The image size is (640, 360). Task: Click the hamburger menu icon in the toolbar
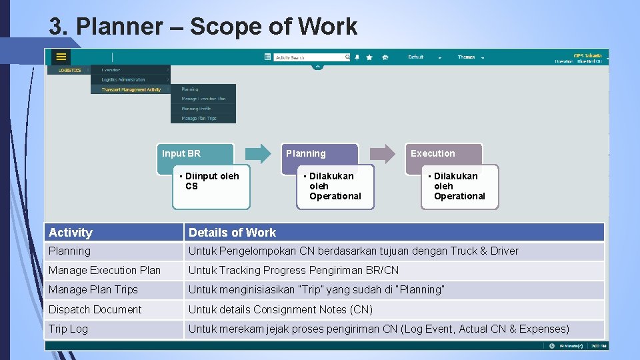(x=61, y=57)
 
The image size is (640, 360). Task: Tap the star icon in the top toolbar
(x=369, y=57)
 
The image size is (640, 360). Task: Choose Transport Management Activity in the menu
(x=131, y=89)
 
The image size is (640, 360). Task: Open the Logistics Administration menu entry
(x=123, y=79)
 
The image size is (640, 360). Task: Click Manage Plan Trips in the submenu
(x=199, y=119)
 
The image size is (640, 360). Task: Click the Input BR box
(x=195, y=153)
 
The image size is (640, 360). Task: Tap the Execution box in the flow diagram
(x=444, y=153)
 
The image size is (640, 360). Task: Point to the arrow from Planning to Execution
(x=383, y=154)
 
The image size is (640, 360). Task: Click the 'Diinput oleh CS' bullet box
(x=211, y=187)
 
